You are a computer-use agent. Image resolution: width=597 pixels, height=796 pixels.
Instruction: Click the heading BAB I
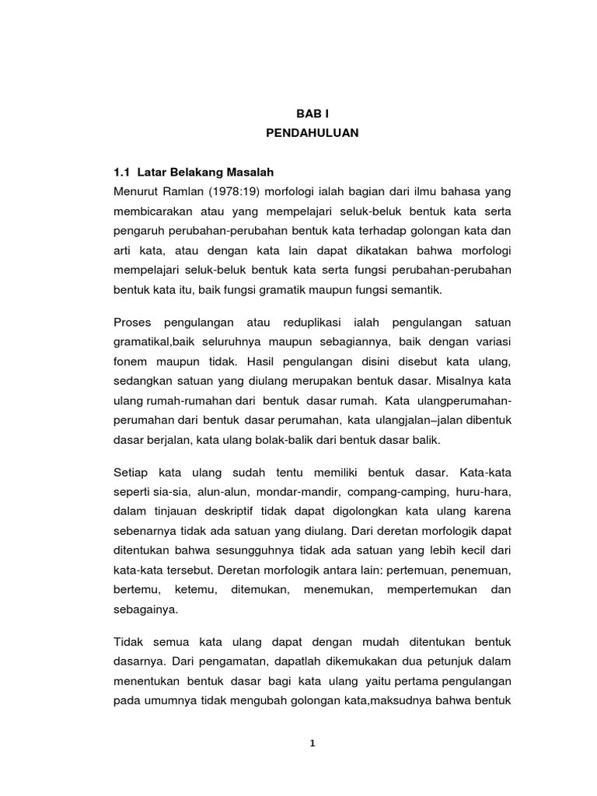pos(312,113)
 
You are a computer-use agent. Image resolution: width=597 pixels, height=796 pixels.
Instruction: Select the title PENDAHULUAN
pos(312,133)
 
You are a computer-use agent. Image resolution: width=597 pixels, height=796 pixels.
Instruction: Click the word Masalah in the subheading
pos(249,171)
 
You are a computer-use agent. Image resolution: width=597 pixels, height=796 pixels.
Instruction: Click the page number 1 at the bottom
pos(312,743)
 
